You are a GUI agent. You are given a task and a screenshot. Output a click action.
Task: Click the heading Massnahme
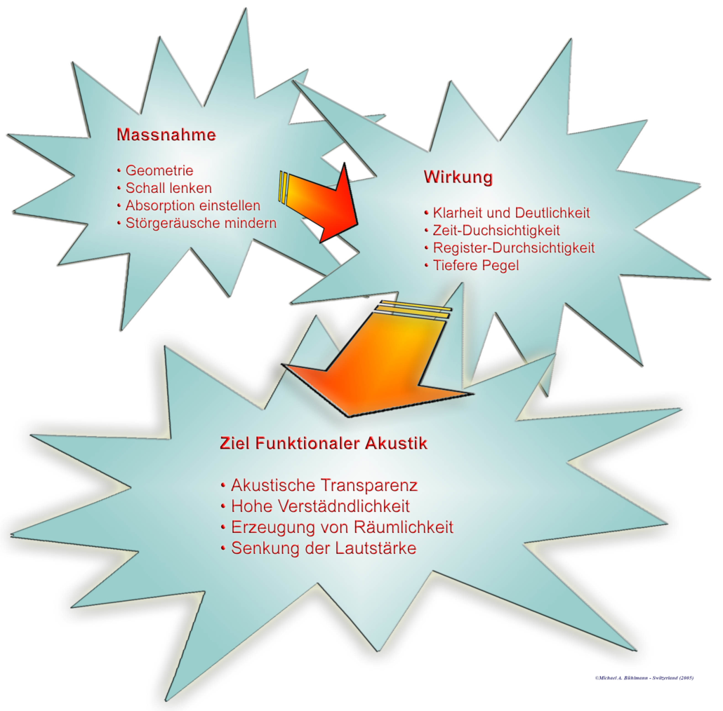pos(166,135)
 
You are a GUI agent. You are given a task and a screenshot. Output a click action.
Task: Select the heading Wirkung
pos(458,177)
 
